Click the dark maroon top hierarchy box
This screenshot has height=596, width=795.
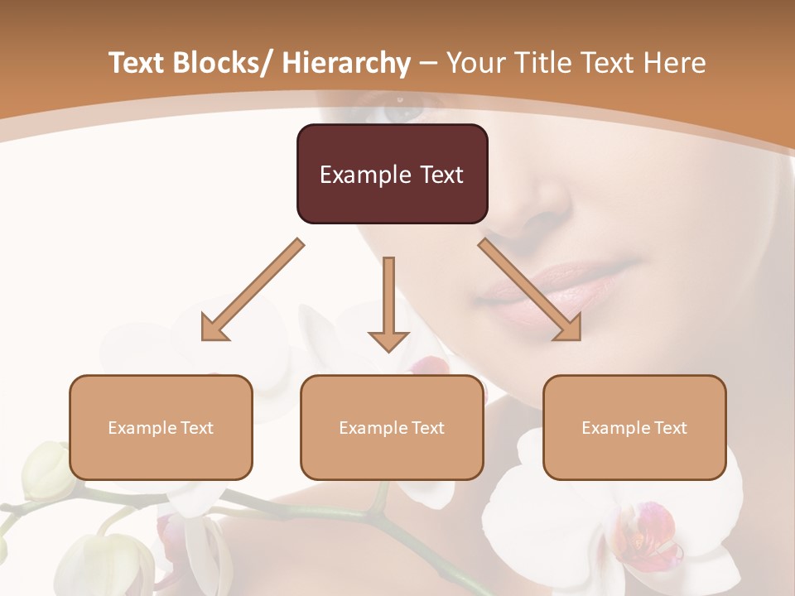tap(392, 174)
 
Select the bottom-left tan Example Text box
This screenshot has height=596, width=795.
tap(161, 427)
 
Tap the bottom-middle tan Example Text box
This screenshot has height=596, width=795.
tap(392, 427)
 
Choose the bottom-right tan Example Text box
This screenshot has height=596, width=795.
tap(634, 427)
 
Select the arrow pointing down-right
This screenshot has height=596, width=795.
tap(530, 290)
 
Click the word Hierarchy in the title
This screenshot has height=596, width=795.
tap(345, 63)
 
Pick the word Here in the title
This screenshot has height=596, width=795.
tap(676, 63)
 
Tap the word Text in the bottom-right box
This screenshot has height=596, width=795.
tap(671, 427)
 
